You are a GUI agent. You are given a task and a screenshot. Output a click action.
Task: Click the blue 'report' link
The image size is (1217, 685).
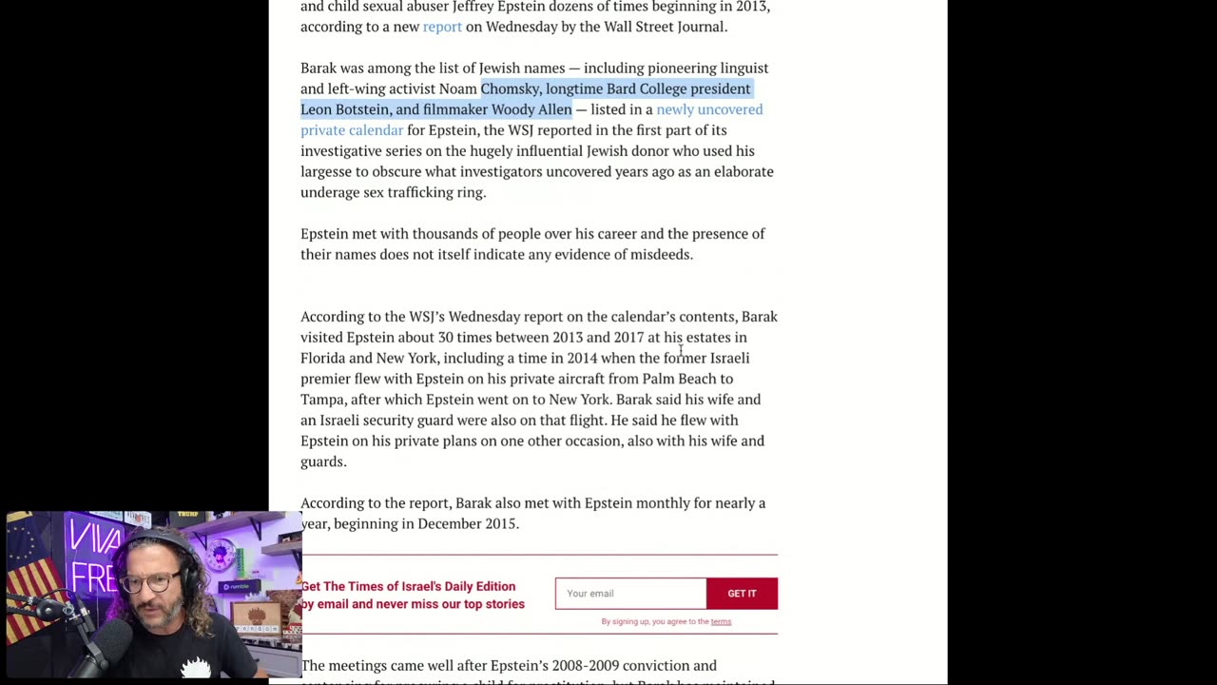(442, 27)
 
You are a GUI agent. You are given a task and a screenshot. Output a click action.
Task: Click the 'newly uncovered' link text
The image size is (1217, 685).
(709, 109)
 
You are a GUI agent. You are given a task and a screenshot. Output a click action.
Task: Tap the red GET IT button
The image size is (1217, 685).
(742, 594)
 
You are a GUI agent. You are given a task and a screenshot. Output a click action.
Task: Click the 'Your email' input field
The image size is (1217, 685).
(630, 594)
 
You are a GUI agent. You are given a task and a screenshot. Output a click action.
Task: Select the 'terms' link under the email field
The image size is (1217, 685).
(721, 622)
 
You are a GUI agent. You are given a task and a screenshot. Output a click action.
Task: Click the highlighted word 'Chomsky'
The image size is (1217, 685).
(511, 88)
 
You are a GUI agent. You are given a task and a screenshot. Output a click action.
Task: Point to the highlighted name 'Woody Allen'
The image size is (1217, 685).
(531, 109)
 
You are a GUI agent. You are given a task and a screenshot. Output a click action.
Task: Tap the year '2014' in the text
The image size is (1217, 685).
(582, 358)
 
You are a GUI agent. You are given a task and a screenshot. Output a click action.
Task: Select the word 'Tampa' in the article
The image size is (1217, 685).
(321, 400)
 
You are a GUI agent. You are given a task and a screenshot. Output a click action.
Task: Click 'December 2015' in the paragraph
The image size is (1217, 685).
(467, 524)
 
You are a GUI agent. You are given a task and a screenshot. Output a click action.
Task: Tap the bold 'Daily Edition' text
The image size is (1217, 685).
(479, 587)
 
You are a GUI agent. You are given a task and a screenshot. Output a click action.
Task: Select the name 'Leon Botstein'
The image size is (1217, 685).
(344, 109)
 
